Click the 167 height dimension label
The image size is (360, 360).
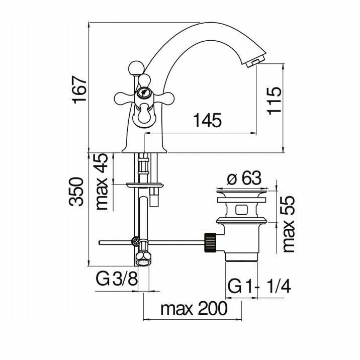tap(79, 90)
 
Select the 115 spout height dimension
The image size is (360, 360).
tap(274, 100)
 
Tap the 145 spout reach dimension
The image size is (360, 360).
tap(207, 120)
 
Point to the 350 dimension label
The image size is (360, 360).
tap(76, 192)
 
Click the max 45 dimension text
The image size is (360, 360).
tap(102, 182)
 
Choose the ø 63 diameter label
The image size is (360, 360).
tap(244, 177)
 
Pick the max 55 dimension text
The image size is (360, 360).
tap(289, 224)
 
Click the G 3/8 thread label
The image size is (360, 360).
tap(117, 279)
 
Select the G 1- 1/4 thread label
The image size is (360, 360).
tap(259, 286)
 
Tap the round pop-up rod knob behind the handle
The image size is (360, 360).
tap(136, 68)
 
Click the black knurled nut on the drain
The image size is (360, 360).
tap(210, 242)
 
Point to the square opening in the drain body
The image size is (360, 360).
tap(241, 209)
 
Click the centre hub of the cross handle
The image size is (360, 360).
tap(143, 93)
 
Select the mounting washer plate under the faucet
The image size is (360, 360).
tap(145, 185)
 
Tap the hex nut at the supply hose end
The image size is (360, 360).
tap(144, 258)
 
